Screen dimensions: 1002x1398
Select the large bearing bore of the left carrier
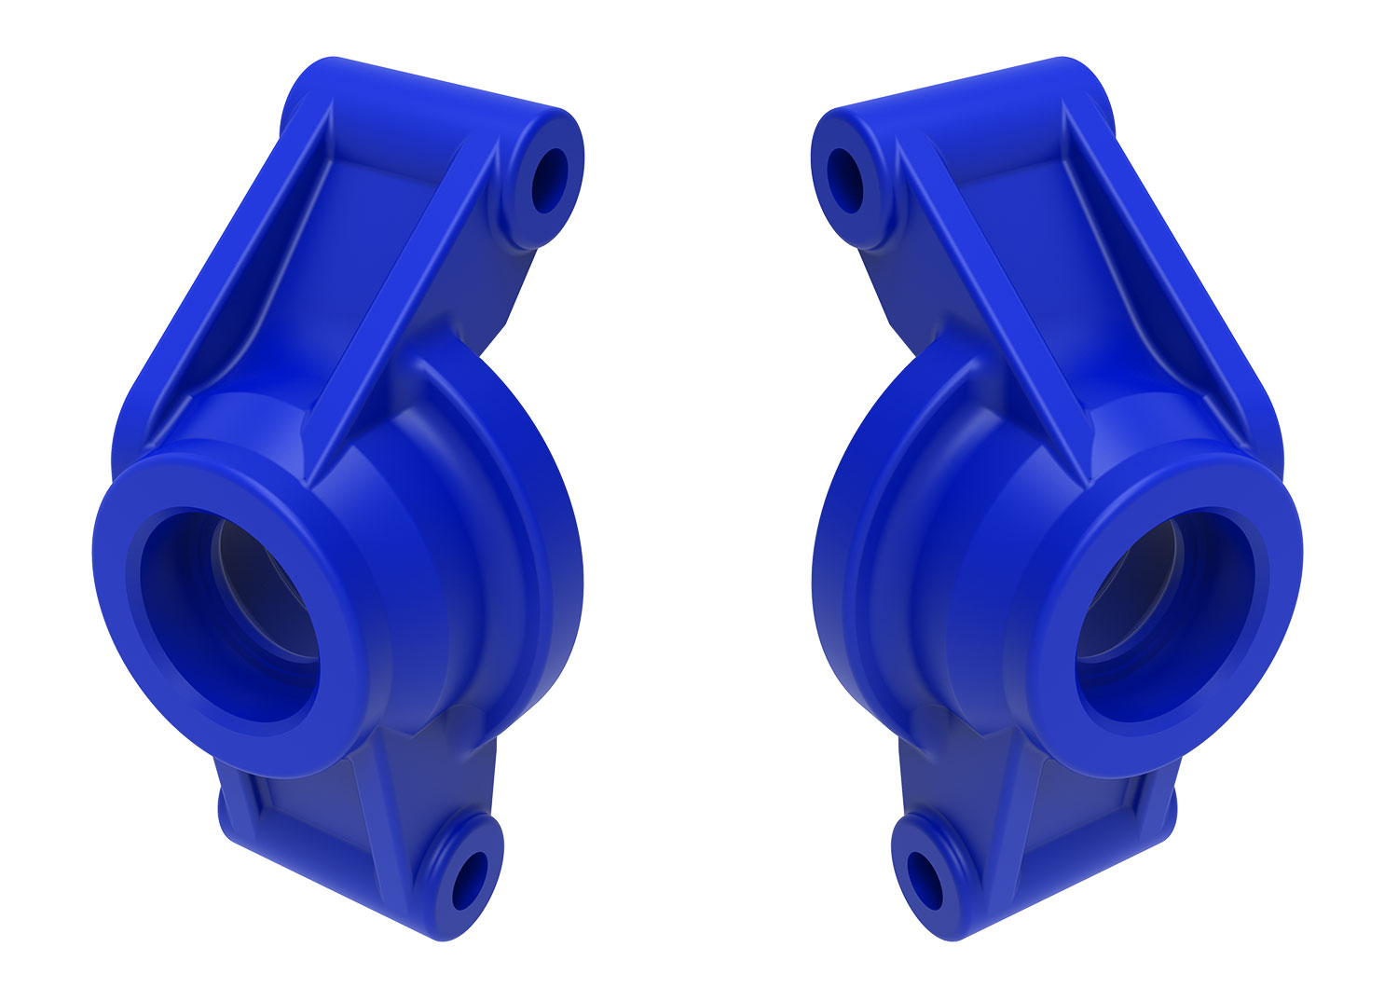233,615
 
